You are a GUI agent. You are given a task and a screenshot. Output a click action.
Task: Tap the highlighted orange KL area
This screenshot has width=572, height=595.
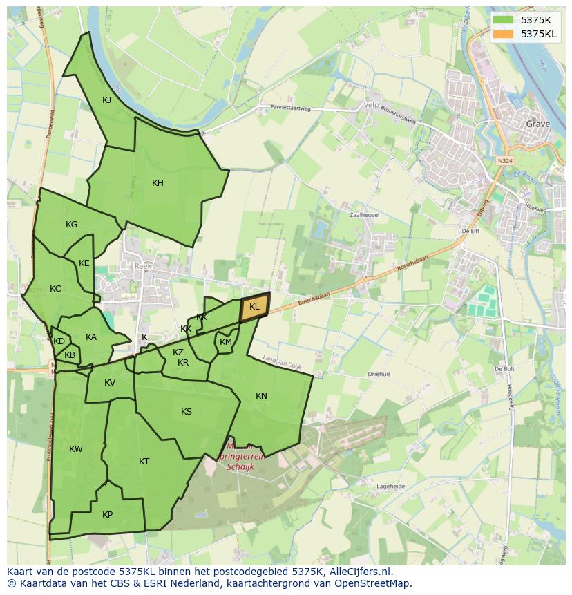pyautogui.click(x=254, y=307)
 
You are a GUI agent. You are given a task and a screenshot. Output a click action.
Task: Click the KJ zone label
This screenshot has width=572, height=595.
pyautogui.click(x=107, y=100)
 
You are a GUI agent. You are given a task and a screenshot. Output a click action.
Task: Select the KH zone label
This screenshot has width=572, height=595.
pyautogui.click(x=158, y=183)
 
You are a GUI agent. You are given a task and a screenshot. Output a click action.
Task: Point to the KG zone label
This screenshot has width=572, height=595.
pyautogui.click(x=71, y=225)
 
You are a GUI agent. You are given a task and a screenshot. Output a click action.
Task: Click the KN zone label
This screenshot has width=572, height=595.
pyautogui.click(x=261, y=396)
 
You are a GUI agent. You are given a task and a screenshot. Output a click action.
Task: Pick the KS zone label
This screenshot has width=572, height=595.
pyautogui.click(x=187, y=412)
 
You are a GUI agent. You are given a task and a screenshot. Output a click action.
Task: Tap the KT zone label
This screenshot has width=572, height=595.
pyautogui.click(x=144, y=462)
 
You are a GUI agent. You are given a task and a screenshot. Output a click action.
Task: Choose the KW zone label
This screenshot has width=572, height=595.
pyautogui.click(x=76, y=449)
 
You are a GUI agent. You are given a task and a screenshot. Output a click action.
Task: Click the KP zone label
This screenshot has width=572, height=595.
pyautogui.click(x=107, y=515)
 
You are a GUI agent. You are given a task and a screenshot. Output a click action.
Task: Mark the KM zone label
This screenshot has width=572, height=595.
pyautogui.click(x=226, y=342)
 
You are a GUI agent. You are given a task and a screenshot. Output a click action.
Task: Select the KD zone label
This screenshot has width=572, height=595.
pyautogui.click(x=59, y=341)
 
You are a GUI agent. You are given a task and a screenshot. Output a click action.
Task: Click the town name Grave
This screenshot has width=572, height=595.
pyautogui.click(x=538, y=124)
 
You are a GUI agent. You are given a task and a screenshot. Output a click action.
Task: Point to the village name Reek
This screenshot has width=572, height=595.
pyautogui.click(x=143, y=266)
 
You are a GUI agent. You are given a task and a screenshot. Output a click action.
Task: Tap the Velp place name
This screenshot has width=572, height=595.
pyautogui.click(x=372, y=106)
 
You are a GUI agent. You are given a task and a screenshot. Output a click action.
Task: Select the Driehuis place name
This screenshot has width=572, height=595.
pyautogui.click(x=379, y=374)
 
